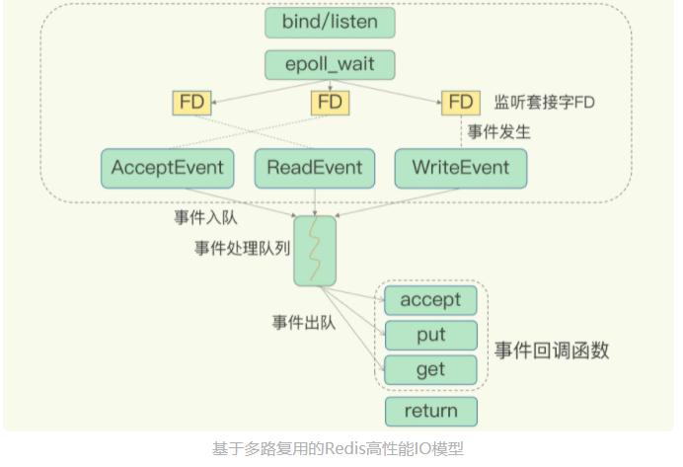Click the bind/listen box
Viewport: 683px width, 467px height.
330,23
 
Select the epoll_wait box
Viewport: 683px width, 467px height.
330,65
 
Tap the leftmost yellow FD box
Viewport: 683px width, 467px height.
191,103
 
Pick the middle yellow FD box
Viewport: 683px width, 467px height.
330,103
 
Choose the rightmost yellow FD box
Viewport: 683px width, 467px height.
461,103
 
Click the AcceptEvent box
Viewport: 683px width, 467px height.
167,169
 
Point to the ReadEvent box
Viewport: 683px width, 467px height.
315,169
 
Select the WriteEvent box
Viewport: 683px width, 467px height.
461,169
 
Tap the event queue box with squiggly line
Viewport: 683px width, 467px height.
315,251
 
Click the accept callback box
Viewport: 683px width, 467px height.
430,300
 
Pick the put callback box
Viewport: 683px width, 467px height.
430,336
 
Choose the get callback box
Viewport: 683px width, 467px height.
430,370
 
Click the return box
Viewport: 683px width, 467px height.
431,412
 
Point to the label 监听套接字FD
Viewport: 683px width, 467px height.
544,103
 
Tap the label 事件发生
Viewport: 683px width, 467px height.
498,131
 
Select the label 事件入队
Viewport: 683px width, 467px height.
205,217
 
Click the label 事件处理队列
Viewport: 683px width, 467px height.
242,249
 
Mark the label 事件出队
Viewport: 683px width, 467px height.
304,323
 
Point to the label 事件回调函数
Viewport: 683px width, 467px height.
552,350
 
